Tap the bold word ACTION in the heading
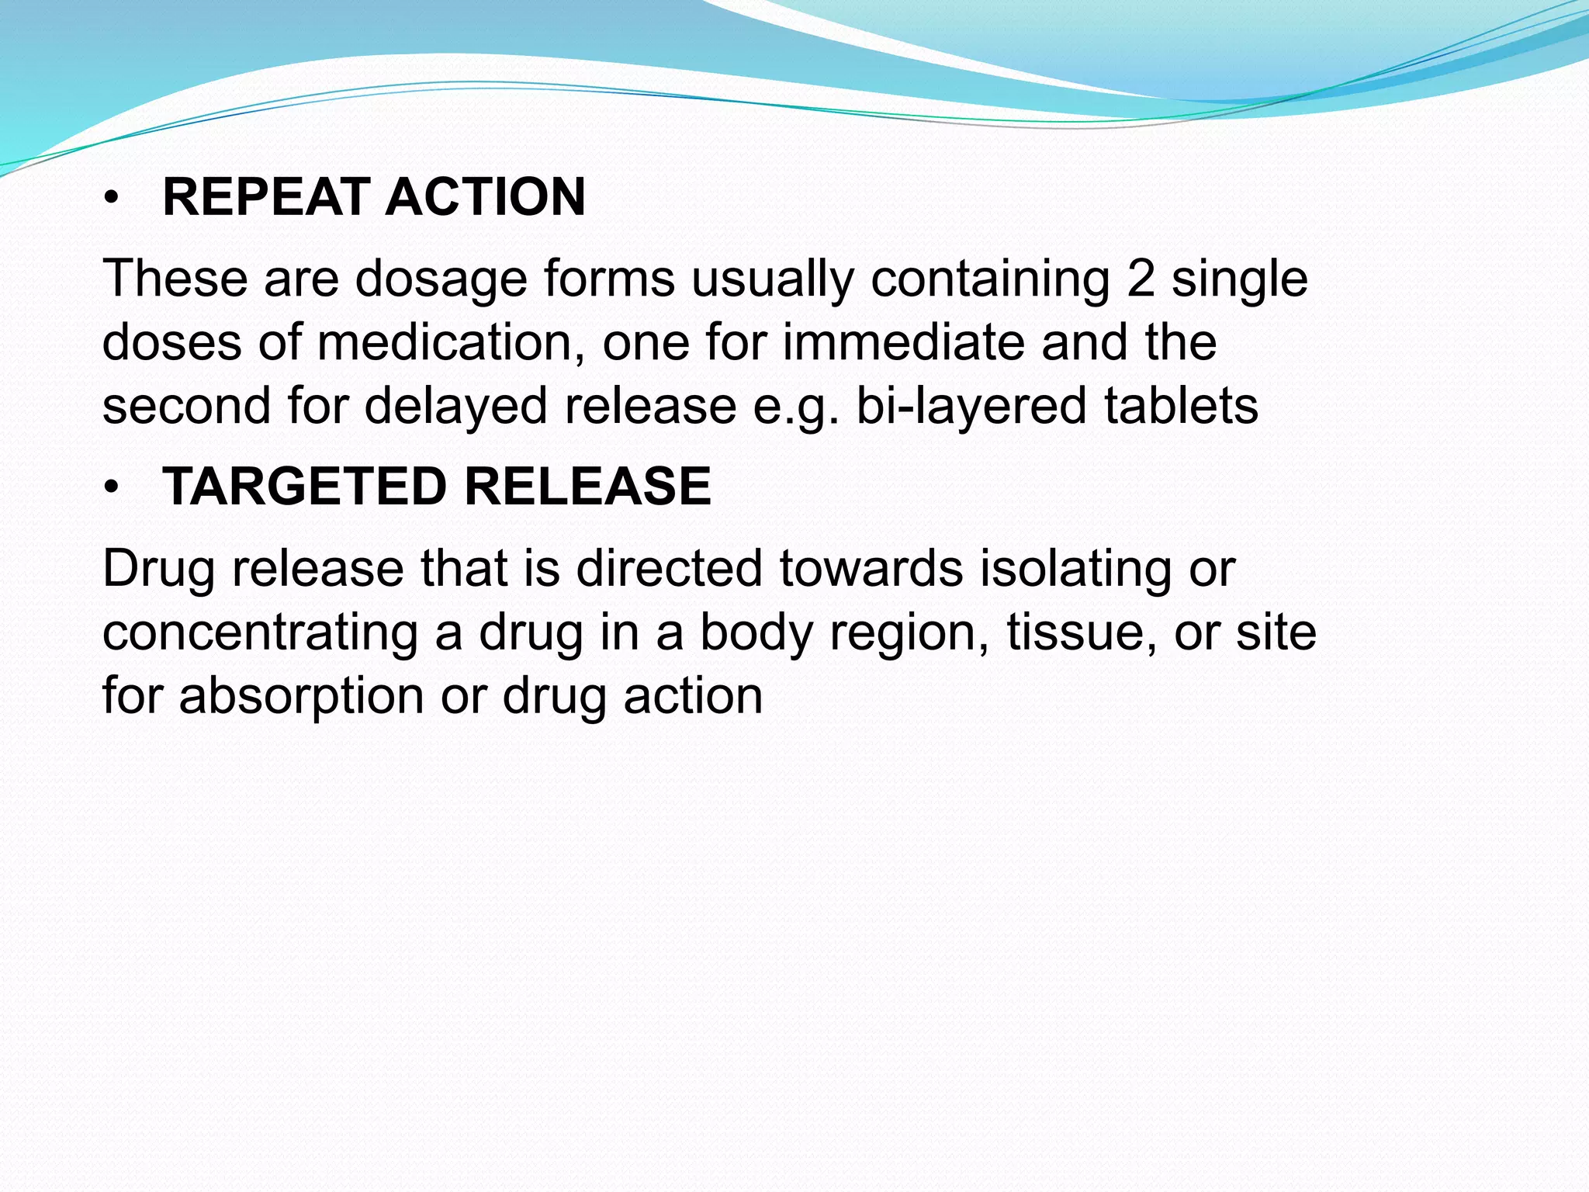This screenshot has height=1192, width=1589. point(485,197)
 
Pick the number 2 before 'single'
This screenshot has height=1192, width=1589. point(1141,279)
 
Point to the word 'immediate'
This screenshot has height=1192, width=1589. point(903,342)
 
